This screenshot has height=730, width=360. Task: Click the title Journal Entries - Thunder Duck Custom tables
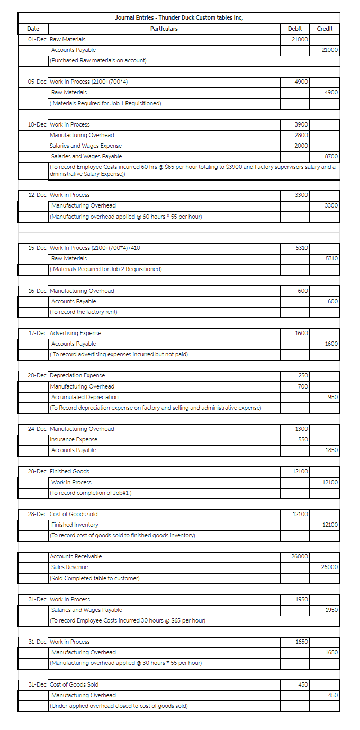point(179,18)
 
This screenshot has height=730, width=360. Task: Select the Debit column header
point(295,29)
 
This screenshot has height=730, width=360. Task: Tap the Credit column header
point(324,29)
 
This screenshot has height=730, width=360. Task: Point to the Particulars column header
point(164,29)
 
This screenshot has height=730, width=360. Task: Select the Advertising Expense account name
point(75,334)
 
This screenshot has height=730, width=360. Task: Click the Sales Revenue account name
point(70,567)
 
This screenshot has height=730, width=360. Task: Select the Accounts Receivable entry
point(76,556)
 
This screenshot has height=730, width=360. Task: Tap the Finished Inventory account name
point(75,525)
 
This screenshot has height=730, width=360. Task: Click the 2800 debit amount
point(301,135)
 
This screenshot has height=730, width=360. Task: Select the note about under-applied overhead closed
point(119,706)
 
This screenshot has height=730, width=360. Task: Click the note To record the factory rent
point(84,312)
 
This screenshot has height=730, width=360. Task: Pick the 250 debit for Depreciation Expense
point(303,375)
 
